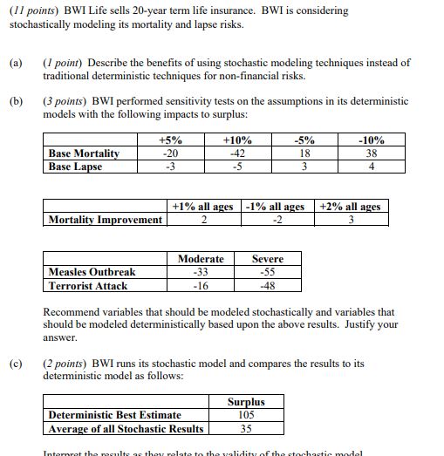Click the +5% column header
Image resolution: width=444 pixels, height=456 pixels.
click(170, 140)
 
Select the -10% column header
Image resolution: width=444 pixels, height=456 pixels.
click(371, 140)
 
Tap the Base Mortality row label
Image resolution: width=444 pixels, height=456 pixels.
click(84, 153)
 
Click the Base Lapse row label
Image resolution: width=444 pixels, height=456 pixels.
click(75, 167)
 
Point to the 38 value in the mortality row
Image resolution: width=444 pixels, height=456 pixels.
click(371, 153)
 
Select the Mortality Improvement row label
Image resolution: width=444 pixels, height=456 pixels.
click(106, 219)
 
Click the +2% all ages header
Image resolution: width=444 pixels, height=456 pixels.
click(351, 207)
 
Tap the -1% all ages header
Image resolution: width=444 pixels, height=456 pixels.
click(275, 207)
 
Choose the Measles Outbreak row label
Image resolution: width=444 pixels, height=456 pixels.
click(92, 272)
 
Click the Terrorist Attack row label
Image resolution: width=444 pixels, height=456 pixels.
click(88, 285)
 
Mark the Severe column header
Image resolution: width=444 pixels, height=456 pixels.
click(268, 259)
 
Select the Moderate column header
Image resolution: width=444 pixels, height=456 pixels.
click(201, 259)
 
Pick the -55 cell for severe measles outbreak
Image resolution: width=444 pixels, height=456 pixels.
click(268, 272)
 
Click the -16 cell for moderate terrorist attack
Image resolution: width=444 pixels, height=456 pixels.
click(201, 285)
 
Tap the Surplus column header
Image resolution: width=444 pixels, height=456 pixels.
click(245, 402)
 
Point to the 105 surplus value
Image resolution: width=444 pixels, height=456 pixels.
click(245, 415)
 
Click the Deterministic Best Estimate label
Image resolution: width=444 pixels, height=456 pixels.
click(115, 415)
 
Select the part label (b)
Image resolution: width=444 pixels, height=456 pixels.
click(15, 101)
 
